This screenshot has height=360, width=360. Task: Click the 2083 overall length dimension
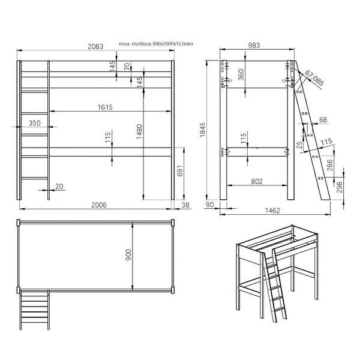(95, 47)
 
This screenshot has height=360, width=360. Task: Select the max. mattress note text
(156, 44)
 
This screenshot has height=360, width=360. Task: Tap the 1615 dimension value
(105, 107)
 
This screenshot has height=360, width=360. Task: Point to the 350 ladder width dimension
(35, 123)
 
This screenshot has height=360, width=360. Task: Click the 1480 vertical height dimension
(139, 131)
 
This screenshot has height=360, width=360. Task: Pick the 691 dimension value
(180, 171)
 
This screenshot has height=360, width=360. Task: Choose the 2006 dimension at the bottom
(99, 205)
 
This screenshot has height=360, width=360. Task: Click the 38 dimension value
(185, 205)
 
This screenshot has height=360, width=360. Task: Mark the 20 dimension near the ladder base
(59, 186)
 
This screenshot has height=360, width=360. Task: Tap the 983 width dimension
(254, 45)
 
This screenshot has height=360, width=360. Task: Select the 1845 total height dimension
(203, 130)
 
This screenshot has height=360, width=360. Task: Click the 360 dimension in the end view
(241, 74)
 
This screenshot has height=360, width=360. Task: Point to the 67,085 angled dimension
(314, 78)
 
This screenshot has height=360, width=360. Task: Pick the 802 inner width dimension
(257, 182)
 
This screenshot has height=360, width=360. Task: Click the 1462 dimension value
(272, 211)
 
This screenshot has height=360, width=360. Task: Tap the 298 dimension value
(340, 187)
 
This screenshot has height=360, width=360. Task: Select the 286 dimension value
(329, 165)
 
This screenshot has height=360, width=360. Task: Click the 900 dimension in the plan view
(128, 254)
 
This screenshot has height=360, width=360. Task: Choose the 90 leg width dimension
(209, 205)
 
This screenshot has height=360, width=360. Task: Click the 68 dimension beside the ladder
(323, 119)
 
